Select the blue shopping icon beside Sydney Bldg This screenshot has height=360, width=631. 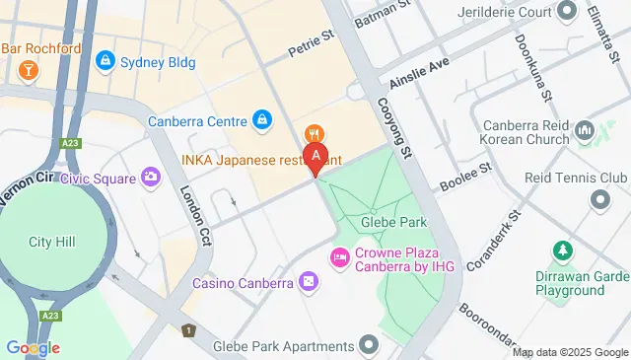[x=105, y=61]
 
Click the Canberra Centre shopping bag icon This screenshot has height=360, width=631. [x=261, y=121]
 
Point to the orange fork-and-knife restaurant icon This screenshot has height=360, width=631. [x=314, y=133]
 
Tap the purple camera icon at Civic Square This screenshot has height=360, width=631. [x=151, y=178]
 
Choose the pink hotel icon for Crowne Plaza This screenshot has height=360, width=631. [x=339, y=256]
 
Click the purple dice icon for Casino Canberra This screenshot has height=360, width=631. [x=309, y=283]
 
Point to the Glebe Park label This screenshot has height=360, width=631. [x=386, y=224]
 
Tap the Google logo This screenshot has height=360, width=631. [x=33, y=347]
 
